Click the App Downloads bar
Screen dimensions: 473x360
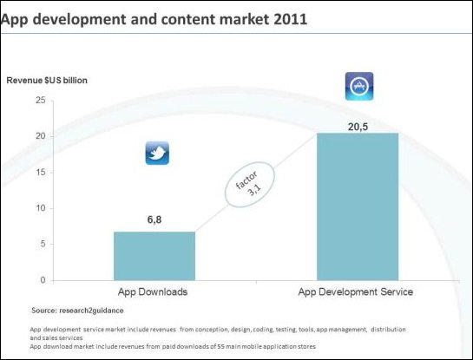point(154,256)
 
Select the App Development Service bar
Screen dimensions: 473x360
point(358,206)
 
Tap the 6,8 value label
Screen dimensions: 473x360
point(154,219)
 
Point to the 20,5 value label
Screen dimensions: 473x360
point(358,127)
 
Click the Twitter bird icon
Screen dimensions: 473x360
point(157,154)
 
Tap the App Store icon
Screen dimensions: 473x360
point(359,86)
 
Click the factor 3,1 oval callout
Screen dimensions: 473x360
point(250,185)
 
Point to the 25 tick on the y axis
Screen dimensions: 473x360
point(41,100)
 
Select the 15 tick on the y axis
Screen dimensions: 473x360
point(41,172)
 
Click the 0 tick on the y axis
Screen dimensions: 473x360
point(43,280)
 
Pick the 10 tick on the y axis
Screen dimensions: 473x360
point(41,208)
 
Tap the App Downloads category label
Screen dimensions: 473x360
point(153,291)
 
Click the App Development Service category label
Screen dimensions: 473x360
point(355,291)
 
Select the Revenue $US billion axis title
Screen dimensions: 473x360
point(47,81)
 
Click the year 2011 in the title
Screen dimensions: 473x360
point(291,19)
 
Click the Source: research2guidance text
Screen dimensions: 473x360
point(77,311)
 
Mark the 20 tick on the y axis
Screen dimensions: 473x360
point(41,136)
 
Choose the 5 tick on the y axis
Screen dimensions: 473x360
point(43,244)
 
